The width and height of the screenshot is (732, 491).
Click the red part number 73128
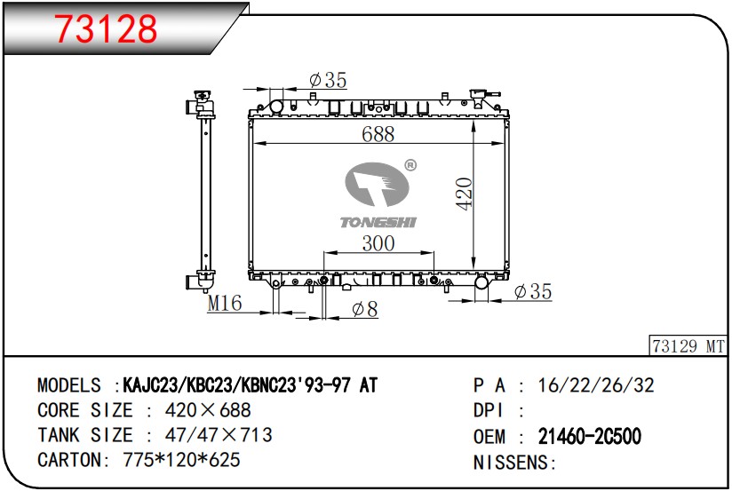[x=107, y=28]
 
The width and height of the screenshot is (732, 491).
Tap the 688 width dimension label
[x=378, y=134]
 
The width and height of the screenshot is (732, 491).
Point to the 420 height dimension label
[x=465, y=194]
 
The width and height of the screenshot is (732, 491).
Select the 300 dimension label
[x=378, y=243]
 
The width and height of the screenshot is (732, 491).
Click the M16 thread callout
[x=225, y=304]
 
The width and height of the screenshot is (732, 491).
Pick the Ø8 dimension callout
[x=364, y=309]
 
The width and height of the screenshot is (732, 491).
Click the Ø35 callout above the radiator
[x=328, y=80]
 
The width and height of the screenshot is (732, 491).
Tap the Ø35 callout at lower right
[x=533, y=292]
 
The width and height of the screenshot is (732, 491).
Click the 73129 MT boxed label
[x=688, y=346]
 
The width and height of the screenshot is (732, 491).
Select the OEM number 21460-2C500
[x=590, y=436]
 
